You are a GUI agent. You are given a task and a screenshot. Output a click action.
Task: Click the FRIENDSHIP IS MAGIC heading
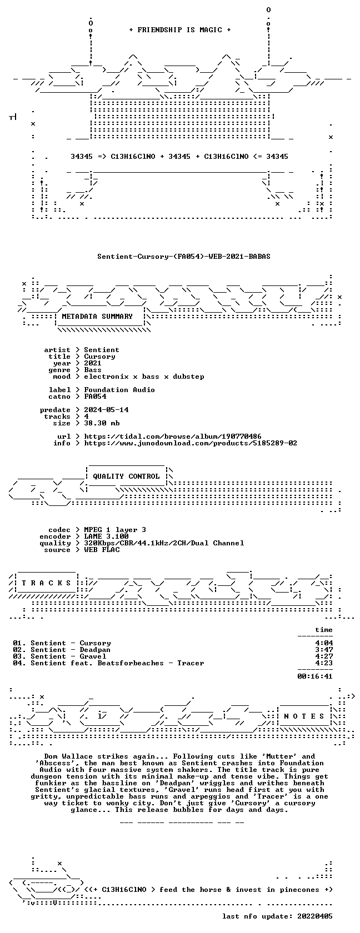[x=179, y=30]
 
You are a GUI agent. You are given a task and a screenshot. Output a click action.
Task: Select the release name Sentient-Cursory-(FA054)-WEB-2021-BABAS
[x=184, y=257]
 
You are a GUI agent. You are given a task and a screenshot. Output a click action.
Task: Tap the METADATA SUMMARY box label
[x=97, y=317]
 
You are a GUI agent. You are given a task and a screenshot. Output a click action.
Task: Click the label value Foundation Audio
[x=119, y=390]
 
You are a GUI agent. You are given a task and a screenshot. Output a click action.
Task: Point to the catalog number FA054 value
[x=95, y=397]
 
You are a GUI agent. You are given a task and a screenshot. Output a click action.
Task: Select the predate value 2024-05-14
[x=106, y=410]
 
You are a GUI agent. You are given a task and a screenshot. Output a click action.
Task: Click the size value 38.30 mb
[x=102, y=423]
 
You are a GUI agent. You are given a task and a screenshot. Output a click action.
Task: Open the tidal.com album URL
[x=173, y=437]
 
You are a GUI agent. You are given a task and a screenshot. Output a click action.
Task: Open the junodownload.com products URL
[x=191, y=443]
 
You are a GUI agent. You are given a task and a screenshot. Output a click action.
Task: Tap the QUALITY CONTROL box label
[x=126, y=476]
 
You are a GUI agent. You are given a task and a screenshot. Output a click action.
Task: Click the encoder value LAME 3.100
[x=106, y=536]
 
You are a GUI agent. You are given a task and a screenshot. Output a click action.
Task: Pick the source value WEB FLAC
[x=102, y=550]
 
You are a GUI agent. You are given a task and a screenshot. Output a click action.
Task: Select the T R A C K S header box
[x=46, y=583]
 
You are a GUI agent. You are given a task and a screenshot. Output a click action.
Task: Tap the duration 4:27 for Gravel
[x=324, y=656]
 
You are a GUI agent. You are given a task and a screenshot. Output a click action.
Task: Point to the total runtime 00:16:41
[x=315, y=676]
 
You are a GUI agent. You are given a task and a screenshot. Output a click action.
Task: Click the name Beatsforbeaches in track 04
[x=131, y=663]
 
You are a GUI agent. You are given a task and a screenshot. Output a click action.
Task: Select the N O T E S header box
[x=304, y=716]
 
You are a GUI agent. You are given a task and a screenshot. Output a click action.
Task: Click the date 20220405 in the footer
[x=315, y=916]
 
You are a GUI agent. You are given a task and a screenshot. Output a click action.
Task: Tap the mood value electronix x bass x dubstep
[x=144, y=377]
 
